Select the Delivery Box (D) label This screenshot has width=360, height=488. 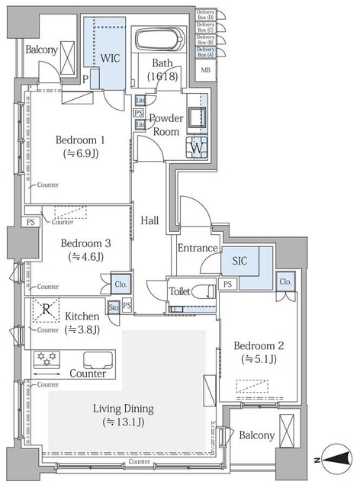tap(205, 14)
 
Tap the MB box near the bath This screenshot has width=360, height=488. tap(205, 70)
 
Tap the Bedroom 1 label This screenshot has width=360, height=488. tap(80, 146)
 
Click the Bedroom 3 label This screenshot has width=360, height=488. tap(86, 250)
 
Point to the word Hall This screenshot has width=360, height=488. tap(150, 220)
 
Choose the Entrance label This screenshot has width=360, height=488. tap(199, 248)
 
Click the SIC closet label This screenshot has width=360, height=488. tap(239, 260)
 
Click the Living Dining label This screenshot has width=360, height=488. tap(126, 414)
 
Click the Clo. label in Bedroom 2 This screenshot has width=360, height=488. tap(285, 281)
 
